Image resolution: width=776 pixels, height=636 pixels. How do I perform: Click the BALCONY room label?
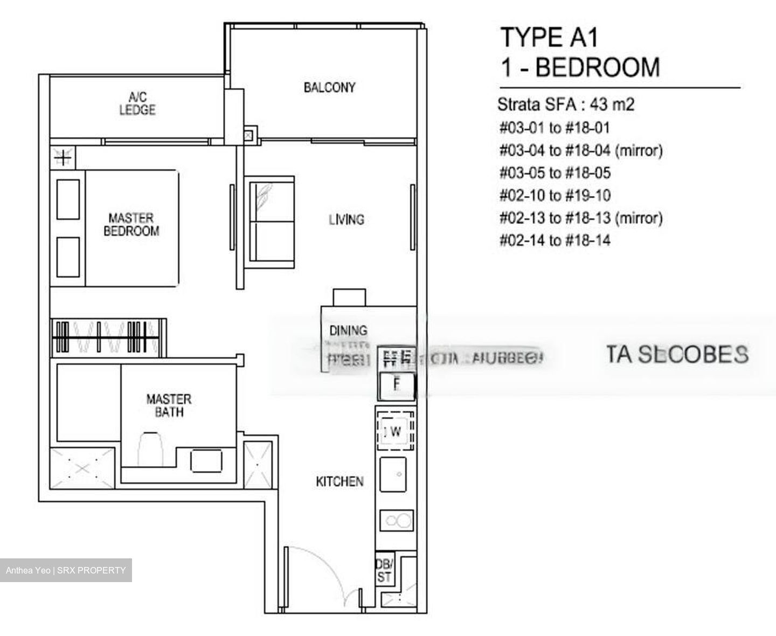329,87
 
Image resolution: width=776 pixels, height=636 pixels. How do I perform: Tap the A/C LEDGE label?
137,104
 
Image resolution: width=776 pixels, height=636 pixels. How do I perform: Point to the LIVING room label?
347,219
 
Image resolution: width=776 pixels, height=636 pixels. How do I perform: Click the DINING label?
348,330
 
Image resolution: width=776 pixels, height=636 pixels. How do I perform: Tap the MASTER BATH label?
169,406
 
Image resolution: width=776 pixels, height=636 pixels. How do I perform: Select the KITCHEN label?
339,481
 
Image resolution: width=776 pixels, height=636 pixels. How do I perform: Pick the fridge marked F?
397,385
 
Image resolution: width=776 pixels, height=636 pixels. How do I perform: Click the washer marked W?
396,431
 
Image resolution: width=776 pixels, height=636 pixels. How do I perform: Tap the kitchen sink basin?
397,474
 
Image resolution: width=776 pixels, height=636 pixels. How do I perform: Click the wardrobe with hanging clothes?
108,337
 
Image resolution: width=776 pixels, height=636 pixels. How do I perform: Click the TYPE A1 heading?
549,38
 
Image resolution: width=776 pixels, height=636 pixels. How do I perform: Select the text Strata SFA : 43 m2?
566,103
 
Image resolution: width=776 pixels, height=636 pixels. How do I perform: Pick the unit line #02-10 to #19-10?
555,195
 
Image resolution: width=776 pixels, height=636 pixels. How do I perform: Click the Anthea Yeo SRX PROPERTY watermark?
66,570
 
